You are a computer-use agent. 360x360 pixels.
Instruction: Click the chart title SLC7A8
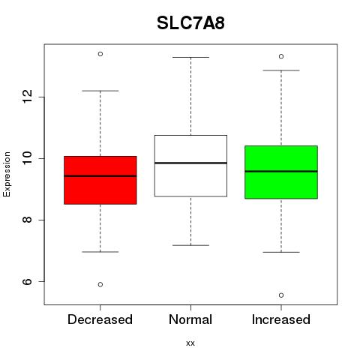coord(190,23)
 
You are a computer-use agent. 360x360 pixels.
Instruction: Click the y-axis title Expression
coord(7,174)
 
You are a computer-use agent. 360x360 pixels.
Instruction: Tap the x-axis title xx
coord(190,343)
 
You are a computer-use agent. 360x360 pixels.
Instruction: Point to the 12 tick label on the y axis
coord(27,97)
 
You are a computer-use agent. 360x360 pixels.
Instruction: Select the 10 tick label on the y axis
coord(27,158)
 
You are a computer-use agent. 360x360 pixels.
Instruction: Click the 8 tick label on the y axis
coord(27,220)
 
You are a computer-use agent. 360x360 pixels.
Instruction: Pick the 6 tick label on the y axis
coord(27,281)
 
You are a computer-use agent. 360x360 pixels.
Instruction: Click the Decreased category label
coord(100,319)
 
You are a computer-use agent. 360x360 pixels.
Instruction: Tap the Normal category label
coord(190,319)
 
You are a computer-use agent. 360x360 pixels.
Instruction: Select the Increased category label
coord(281,319)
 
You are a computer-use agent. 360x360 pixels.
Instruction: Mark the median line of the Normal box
coord(190,163)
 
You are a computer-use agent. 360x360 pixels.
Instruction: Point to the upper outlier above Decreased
coord(100,54)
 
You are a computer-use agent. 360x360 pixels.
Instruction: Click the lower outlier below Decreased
coord(100,284)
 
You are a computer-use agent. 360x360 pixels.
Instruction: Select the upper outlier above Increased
coord(281,56)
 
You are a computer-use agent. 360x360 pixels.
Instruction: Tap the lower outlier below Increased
coord(281,295)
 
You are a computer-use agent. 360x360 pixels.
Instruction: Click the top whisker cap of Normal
coord(190,57)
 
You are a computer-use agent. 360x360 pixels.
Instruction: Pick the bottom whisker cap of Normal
coord(190,245)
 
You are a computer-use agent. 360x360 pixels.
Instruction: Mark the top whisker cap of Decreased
coord(100,91)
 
